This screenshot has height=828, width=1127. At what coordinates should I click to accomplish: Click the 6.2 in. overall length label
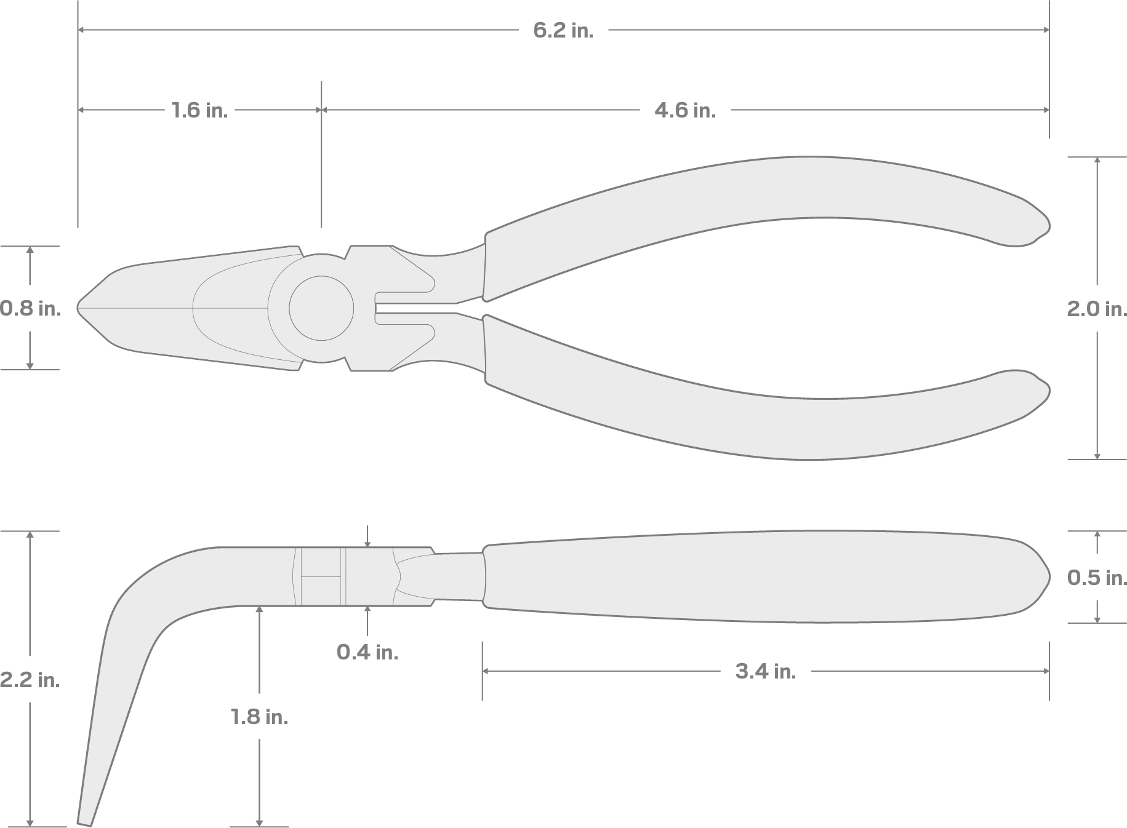(563, 30)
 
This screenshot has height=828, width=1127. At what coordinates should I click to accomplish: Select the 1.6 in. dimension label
(199, 111)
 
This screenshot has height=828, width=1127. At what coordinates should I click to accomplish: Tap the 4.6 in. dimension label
(684, 111)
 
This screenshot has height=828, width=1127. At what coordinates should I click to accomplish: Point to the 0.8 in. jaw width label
(30, 308)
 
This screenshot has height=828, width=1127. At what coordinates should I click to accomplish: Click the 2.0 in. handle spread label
(1096, 309)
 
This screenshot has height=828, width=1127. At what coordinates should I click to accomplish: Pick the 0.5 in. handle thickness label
(1096, 578)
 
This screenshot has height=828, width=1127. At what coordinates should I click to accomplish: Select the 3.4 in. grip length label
(765, 671)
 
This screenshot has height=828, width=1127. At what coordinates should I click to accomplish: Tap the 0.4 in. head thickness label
(367, 652)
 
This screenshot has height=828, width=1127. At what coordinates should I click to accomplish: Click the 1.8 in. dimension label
(259, 717)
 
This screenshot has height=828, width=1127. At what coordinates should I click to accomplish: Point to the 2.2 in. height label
(30, 680)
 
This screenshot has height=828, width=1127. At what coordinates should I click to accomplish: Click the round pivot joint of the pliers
(321, 308)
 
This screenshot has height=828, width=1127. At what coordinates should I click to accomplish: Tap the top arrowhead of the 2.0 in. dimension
(1097, 161)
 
